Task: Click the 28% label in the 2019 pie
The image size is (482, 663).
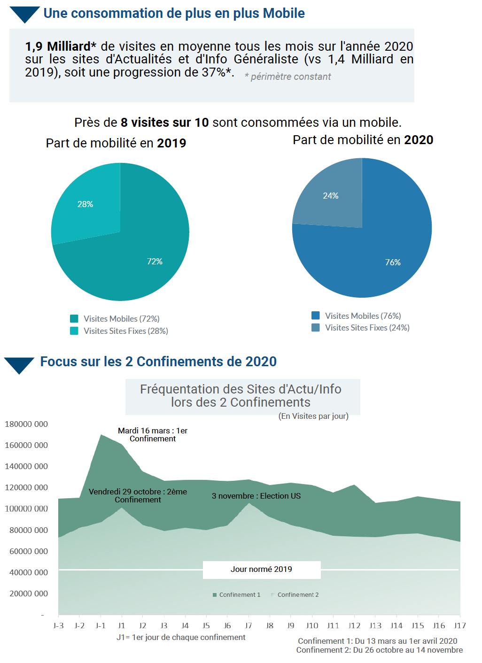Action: pos(85,204)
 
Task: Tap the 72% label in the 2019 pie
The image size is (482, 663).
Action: pos(155,262)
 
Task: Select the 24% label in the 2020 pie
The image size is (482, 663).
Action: pos(331,196)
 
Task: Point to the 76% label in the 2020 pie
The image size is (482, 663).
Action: pos(393,262)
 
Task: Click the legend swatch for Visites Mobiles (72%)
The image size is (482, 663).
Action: pos(74,319)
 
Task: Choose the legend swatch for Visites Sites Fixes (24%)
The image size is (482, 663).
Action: pos(316,328)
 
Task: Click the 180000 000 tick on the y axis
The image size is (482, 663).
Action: pos(26,424)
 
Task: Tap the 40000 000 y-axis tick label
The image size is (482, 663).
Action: pos(28,572)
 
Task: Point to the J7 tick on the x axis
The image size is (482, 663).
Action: pos(249,626)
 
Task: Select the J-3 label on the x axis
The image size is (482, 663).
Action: pos(58,626)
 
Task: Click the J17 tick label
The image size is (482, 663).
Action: pos(459,626)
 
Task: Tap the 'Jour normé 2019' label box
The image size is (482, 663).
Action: pos(261,570)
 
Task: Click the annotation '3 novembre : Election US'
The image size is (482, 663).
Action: pos(256,496)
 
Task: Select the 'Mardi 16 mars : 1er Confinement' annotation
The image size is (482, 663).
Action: pos(153,435)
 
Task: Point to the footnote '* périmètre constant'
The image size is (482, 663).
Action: pos(288,77)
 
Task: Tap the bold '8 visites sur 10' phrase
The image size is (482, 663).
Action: pos(164,123)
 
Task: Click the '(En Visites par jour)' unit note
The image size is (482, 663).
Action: pos(313,416)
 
